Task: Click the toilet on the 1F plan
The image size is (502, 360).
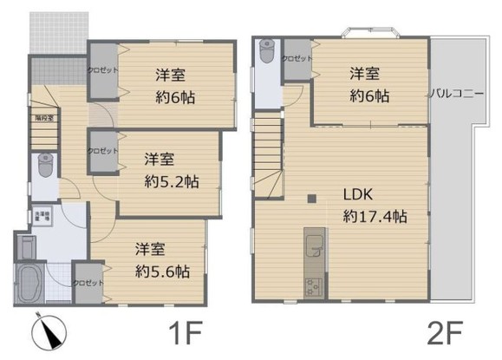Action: [x=45, y=164]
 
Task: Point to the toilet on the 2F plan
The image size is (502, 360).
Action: [x=265, y=53]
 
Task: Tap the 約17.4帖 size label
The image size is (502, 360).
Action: [x=375, y=216]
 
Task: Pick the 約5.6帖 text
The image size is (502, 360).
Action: [x=162, y=271]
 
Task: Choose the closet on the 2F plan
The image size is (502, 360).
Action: [x=297, y=58]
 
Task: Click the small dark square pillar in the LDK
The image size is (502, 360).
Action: [x=310, y=201]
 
